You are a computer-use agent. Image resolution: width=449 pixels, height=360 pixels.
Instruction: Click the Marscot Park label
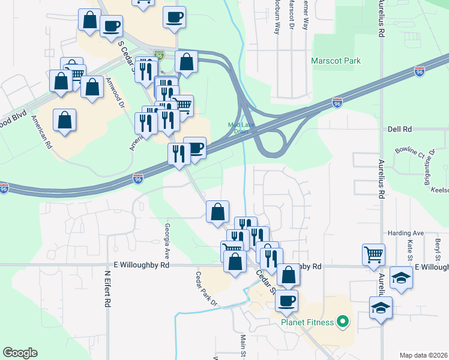point(336,61)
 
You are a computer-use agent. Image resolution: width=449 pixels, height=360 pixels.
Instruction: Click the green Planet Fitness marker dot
point(343,322)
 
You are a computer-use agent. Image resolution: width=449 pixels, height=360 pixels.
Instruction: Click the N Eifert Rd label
point(108,289)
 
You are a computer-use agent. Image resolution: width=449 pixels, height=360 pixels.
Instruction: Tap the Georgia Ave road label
point(167,239)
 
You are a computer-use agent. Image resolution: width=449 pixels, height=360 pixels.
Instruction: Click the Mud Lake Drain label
point(238,128)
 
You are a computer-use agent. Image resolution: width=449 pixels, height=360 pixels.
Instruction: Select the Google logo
point(20,353)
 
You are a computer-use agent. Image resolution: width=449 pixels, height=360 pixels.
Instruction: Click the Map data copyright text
point(423,355)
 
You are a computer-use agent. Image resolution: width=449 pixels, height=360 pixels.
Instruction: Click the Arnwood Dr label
point(115,91)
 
